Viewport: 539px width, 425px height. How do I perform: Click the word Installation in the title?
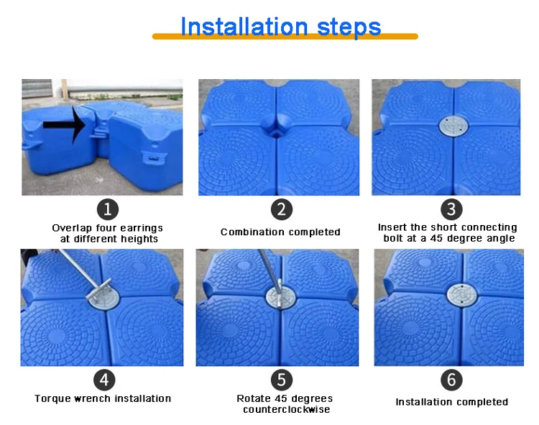tap(244, 27)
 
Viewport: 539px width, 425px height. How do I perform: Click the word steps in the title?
tap(349, 27)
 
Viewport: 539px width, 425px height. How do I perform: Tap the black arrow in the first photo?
tap(64, 125)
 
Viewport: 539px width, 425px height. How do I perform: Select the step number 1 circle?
tap(108, 209)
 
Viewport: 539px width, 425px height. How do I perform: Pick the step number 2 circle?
tap(282, 209)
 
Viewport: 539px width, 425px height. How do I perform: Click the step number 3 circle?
tap(451, 209)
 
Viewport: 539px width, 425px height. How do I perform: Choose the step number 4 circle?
tap(104, 380)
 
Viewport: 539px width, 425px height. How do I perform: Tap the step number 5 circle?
tap(282, 380)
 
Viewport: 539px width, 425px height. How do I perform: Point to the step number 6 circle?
tap(451, 380)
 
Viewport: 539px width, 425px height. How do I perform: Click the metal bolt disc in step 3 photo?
tap(453, 126)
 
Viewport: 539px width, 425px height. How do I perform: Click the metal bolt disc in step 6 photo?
tap(462, 295)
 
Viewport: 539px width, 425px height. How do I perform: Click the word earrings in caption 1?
tap(142, 229)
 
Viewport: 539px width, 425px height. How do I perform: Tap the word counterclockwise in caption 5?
tap(286, 409)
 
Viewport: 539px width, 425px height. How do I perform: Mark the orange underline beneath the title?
tap(285, 37)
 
